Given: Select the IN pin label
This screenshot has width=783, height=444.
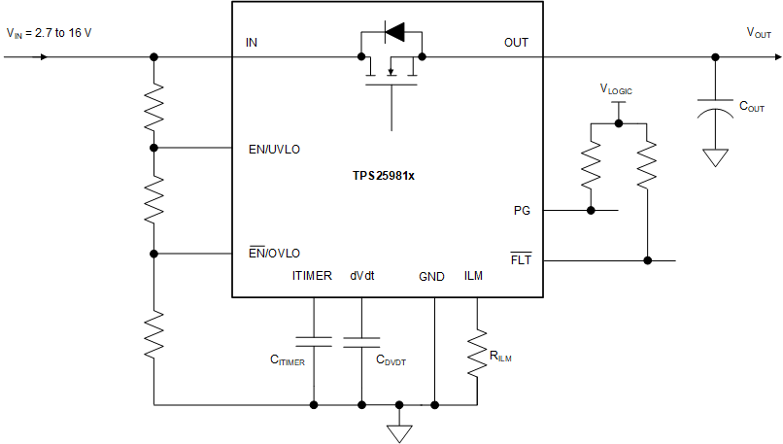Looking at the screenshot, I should click(253, 43).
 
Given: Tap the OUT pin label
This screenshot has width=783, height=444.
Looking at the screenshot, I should click(516, 43).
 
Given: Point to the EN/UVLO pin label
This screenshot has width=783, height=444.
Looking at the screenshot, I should click(274, 150).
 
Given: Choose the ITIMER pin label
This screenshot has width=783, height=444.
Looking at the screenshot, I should click(312, 277).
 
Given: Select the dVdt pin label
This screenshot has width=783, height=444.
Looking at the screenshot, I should click(362, 277).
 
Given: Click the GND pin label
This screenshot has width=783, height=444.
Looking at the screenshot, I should click(431, 277).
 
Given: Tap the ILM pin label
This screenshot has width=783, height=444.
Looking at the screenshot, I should click(473, 277).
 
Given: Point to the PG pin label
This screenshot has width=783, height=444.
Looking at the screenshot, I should click(522, 210).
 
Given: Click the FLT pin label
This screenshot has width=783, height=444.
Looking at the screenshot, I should click(521, 260).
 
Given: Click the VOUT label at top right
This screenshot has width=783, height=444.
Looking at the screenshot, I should click(759, 33).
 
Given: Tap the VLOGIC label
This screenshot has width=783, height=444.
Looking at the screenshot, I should click(616, 89).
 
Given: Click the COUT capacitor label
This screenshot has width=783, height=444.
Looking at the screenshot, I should click(751, 108).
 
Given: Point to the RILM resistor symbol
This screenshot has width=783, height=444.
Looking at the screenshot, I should click(477, 352).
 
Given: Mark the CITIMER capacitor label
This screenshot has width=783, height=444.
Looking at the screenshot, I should click(288, 360).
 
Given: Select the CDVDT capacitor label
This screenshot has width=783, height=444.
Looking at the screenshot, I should click(391, 360).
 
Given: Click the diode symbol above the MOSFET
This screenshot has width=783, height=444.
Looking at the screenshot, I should click(393, 32).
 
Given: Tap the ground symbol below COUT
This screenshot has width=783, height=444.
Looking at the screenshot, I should click(715, 156).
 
